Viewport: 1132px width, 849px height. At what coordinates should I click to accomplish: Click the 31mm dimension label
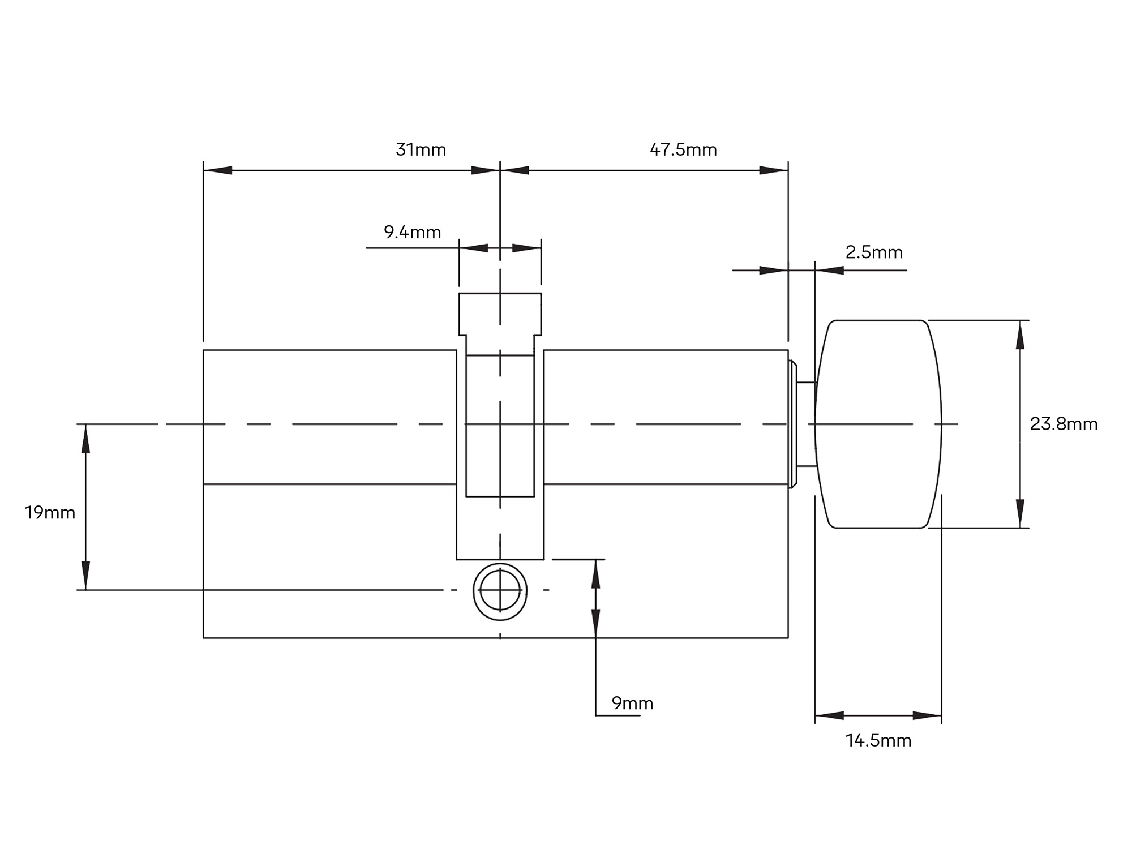(x=421, y=149)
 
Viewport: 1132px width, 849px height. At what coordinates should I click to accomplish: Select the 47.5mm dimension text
(x=683, y=149)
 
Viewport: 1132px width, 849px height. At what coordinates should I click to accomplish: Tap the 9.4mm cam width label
(x=412, y=232)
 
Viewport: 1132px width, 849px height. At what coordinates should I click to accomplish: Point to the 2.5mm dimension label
(x=874, y=252)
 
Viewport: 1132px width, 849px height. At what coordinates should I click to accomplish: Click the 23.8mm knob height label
(x=1064, y=424)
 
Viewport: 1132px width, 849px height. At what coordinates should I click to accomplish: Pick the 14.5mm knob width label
(x=878, y=740)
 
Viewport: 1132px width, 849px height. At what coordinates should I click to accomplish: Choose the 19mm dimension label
(x=50, y=513)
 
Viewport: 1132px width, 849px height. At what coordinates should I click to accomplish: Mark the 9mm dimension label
(x=632, y=703)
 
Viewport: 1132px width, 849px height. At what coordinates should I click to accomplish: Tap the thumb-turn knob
(x=878, y=424)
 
